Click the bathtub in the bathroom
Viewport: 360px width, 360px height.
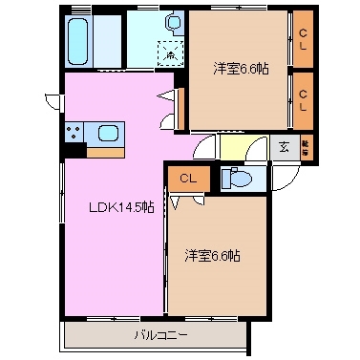coord(81,38)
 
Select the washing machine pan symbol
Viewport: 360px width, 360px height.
coord(169,55)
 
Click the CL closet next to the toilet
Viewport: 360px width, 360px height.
coord(187,179)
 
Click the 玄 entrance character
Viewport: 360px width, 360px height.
coord(284,147)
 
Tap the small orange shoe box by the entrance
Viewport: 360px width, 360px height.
coord(306,146)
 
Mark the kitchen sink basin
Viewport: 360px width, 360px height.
coord(105,132)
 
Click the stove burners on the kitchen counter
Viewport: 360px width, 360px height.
coord(74,132)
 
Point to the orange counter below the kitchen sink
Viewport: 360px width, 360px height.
coord(105,150)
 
